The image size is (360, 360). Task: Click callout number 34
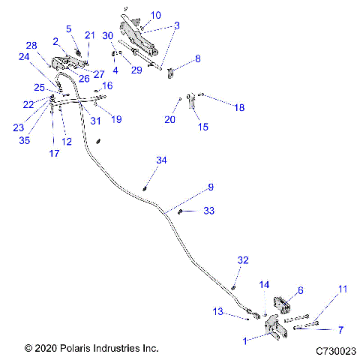click(162, 160)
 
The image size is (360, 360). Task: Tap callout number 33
click(208, 211)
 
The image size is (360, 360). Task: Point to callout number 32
click(242, 259)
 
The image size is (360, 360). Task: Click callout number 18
click(238, 108)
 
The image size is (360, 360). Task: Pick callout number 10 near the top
click(155, 15)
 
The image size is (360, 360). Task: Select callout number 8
click(197, 58)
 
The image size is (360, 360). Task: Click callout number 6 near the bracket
click(300, 290)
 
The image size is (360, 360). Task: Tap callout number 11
click(342, 289)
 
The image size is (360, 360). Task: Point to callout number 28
click(31, 45)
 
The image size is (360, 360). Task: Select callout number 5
click(69, 28)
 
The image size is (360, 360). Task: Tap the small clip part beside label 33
click(181, 211)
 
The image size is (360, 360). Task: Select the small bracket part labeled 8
click(172, 72)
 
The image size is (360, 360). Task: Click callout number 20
click(169, 118)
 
